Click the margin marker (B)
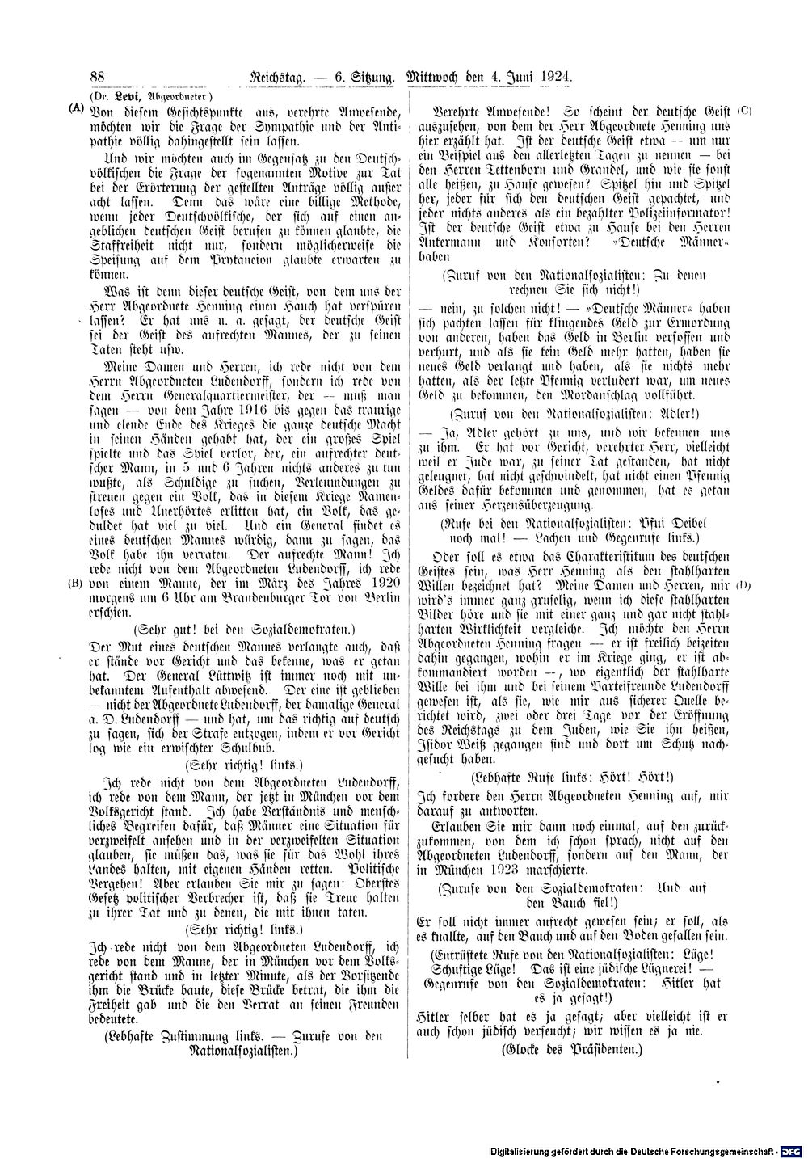75,582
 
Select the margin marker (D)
744,584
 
